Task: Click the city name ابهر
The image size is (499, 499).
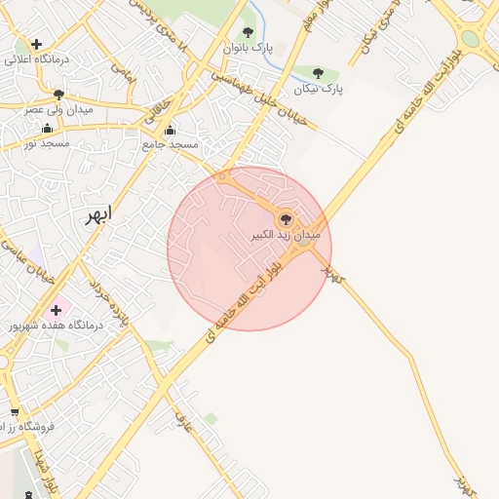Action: tap(98, 214)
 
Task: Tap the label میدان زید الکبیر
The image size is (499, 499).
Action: tap(287, 236)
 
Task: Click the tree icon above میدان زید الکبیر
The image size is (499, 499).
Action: tap(286, 219)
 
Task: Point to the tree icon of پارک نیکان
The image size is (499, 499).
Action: tap(319, 72)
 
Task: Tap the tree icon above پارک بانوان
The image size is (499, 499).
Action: tap(249, 32)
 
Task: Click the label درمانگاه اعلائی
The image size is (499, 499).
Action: tap(35, 59)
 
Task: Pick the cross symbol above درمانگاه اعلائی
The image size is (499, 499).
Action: tap(36, 44)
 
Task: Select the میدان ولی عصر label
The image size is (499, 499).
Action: tap(58, 110)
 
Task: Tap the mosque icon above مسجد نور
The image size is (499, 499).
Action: tap(47, 128)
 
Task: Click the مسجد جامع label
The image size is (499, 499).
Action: tap(171, 144)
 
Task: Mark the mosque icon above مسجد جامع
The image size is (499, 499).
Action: tap(171, 129)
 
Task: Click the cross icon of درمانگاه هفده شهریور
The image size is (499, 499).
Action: tap(56, 309)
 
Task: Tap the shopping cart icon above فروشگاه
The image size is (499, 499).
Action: tap(15, 411)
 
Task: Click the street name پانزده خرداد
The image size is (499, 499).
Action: tap(108, 302)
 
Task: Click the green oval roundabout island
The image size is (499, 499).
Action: tap(471, 40)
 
